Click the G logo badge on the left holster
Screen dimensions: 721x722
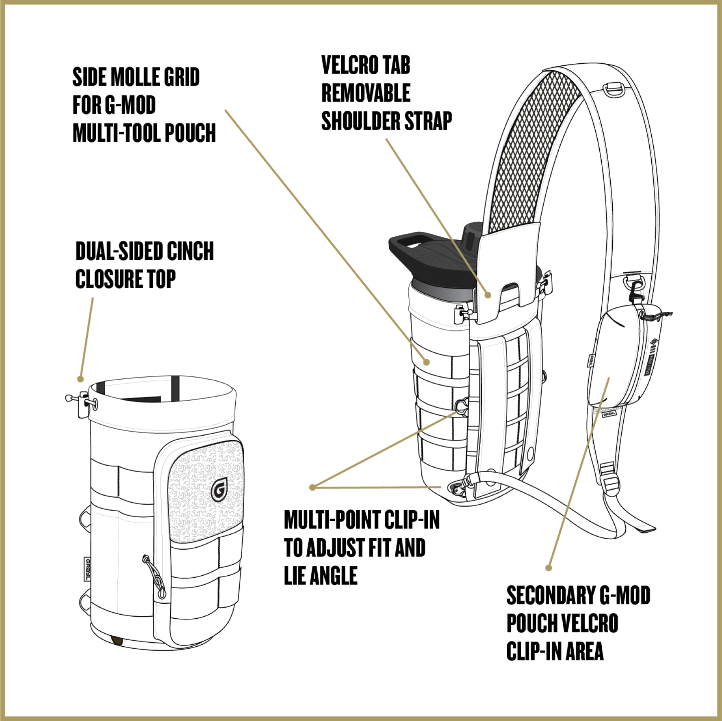219,490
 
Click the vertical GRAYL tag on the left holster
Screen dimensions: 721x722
87,569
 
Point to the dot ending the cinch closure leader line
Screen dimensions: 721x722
80,379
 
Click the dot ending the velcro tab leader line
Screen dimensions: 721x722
488,295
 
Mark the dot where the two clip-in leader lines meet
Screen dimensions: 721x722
312,487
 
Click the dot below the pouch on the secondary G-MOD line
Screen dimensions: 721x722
549,568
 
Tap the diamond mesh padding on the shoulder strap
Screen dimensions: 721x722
532,150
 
